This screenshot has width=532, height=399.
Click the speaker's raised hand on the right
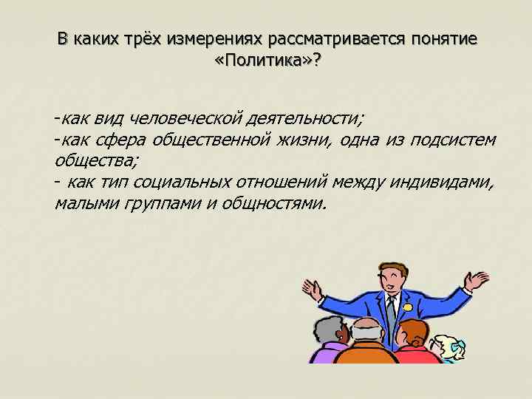(x=476, y=282)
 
